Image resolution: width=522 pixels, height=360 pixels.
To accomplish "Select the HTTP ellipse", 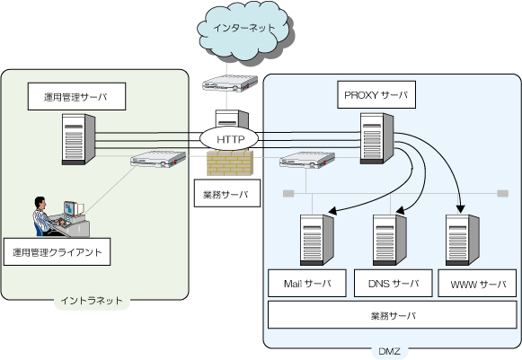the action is pos(229,139).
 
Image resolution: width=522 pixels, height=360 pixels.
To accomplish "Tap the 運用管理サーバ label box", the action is pos(76,96).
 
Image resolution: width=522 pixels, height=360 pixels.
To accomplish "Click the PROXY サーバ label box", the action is pos(376,94).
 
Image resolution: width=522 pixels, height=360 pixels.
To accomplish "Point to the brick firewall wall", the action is pos(230,162).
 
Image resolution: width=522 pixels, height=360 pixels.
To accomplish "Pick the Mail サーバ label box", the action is pos(307,283).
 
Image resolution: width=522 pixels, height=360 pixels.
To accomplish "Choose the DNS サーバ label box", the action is pos(394,283).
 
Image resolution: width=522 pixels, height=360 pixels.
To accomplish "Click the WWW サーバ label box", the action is pos(477,283).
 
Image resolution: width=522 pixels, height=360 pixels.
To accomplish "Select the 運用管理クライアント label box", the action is pos(57,252).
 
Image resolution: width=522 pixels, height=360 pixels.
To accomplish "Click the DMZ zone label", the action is pos(389,351).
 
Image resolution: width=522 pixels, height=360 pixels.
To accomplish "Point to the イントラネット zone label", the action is pos(92,301).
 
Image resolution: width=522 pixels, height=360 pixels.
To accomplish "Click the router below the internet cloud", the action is pos(230,83).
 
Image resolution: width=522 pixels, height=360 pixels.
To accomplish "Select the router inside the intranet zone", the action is pos(158,159).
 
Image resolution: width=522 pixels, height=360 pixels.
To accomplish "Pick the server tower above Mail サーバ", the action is pos(317,240).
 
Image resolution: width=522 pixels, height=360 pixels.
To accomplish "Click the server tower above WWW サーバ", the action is pos(463,240).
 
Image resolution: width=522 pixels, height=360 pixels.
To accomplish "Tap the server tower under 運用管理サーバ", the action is pos(78,139).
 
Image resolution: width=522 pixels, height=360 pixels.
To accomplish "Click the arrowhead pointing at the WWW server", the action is pos(460,208).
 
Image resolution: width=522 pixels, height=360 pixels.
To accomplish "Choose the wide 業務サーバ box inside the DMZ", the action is pos(393,315).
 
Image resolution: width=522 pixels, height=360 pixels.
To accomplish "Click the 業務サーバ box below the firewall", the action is pos(227,193).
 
